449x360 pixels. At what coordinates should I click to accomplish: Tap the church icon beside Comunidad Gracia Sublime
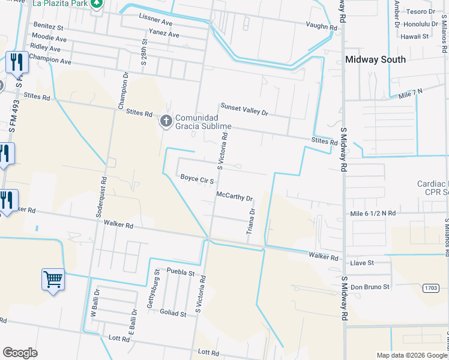(x=166, y=122)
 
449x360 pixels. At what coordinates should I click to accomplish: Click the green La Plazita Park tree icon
(x=97, y=4)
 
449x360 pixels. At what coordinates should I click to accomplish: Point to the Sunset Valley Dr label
(x=243, y=107)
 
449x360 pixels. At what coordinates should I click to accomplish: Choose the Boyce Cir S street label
(x=197, y=178)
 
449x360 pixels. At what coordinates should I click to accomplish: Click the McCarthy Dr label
(x=235, y=197)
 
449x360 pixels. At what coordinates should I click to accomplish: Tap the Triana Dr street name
(x=252, y=221)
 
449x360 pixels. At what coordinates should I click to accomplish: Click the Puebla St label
(x=181, y=272)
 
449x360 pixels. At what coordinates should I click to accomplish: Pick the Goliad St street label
(x=174, y=312)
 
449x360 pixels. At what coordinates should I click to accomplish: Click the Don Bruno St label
(x=370, y=287)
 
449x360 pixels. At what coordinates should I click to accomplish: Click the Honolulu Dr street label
(x=420, y=24)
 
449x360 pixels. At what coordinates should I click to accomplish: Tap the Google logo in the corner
(x=20, y=352)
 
